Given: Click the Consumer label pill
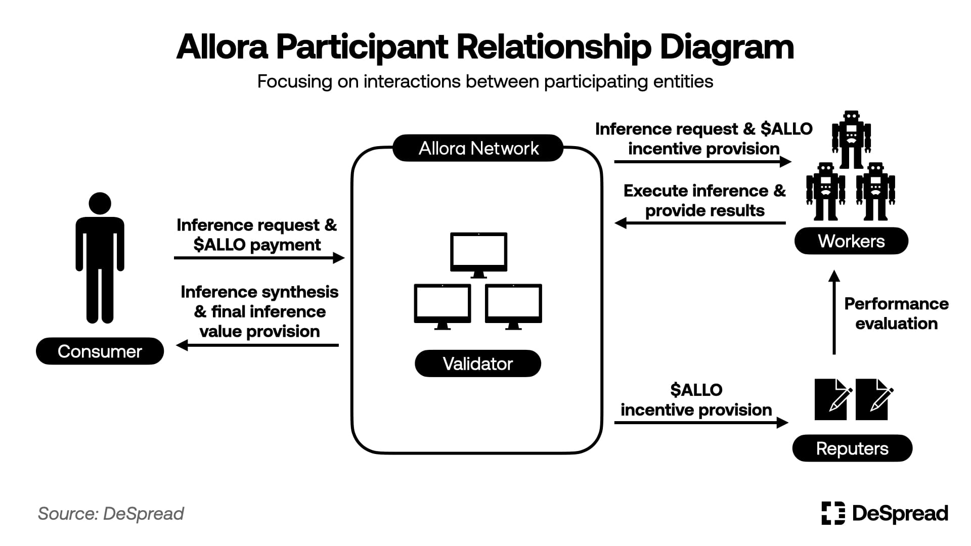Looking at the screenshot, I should [100, 351].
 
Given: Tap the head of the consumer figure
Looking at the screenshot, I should [100, 203].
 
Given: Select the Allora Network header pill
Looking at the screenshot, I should [478, 148].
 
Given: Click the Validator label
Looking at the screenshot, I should [477, 363].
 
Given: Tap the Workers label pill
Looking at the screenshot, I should [851, 241].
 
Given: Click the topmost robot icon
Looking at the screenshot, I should [852, 139].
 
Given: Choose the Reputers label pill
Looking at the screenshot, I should [852, 448].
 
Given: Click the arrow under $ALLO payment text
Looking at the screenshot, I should [259, 258].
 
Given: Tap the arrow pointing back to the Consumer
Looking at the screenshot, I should [258, 345].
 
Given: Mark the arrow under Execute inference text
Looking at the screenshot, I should [700, 223].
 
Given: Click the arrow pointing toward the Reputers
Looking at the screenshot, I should [701, 422].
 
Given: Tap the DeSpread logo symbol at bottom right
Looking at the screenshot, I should [833, 513].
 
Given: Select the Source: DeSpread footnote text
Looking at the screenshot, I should [111, 514].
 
